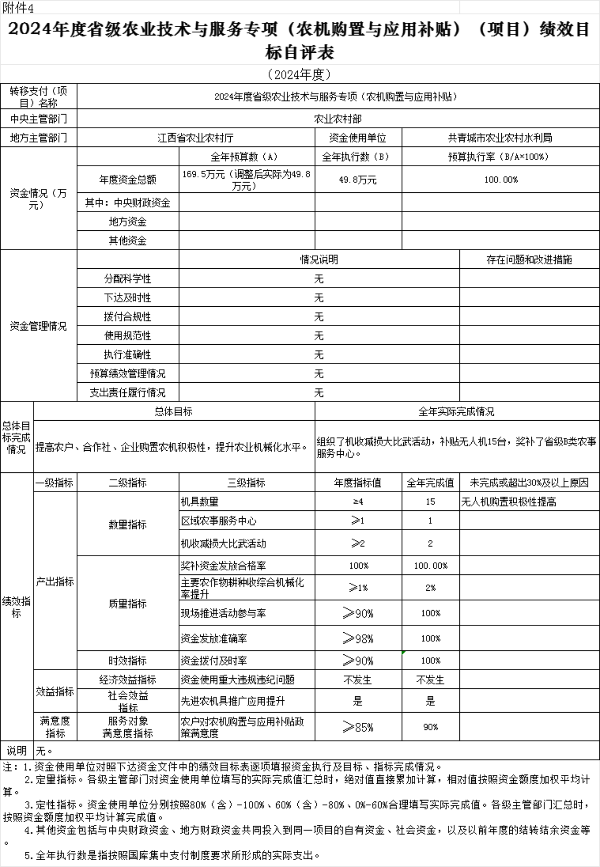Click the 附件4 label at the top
[18, 8]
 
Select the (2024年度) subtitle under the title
[300, 75]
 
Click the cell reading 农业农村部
[338, 119]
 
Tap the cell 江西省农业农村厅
[196, 138]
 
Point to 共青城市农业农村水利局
[500, 138]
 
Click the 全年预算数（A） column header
[246, 157]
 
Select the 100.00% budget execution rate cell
[500, 180]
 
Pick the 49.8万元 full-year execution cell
[357, 180]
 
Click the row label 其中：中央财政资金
[128, 203]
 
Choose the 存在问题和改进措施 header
[529, 260]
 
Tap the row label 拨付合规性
[128, 317]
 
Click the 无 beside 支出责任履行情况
[319, 393]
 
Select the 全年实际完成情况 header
[457, 412]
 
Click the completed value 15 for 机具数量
[430, 502]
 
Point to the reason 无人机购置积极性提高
[508, 502]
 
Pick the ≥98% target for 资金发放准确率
[358, 638]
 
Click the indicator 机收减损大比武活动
[223, 544]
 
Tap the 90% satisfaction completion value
[430, 727]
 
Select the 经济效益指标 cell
[128, 680]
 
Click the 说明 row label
[17, 751]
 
